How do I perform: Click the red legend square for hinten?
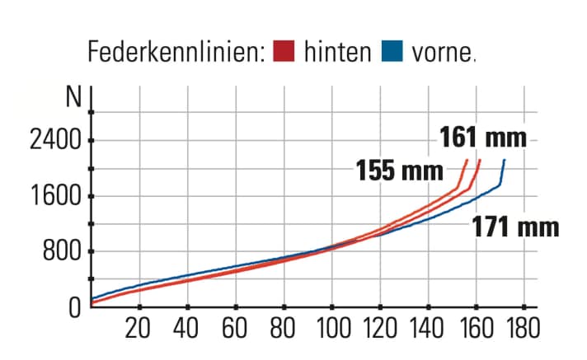[284, 52]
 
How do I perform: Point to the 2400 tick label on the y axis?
[55, 140]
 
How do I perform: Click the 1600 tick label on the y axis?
[55, 197]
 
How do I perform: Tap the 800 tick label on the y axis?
[63, 252]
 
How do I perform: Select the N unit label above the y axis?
[74, 97]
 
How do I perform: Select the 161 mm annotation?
[482, 136]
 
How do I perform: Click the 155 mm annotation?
[399, 171]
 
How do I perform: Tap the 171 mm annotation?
[515, 227]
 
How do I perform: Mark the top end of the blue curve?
[504, 160]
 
